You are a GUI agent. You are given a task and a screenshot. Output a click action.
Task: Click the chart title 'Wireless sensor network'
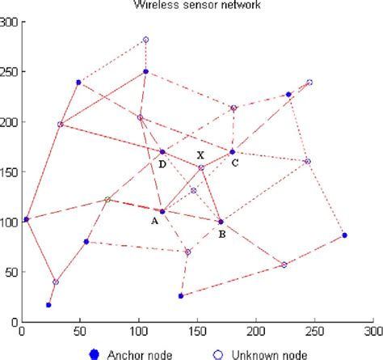click(x=197, y=6)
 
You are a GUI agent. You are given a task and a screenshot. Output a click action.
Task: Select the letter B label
click(x=222, y=235)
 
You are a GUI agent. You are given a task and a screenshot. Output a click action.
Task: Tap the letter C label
click(x=234, y=163)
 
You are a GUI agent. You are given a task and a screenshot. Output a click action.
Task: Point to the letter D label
click(x=162, y=164)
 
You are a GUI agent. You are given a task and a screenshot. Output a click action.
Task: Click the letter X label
click(x=200, y=155)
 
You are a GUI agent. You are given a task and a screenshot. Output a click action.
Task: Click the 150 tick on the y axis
click(x=9, y=172)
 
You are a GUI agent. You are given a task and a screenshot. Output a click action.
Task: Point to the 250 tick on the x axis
click(x=316, y=331)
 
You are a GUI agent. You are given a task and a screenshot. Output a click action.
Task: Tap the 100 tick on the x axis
click(x=139, y=331)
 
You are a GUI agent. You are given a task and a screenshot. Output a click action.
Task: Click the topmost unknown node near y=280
click(x=145, y=40)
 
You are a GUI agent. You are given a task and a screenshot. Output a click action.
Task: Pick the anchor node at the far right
click(x=344, y=235)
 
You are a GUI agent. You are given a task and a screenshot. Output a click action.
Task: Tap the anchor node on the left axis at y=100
click(x=26, y=219)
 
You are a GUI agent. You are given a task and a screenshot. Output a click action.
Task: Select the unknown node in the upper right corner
click(x=309, y=83)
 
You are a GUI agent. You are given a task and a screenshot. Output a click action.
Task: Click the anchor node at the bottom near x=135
click(x=181, y=295)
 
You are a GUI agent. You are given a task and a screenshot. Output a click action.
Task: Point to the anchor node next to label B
click(x=221, y=221)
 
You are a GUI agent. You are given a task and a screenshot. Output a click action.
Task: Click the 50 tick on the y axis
click(x=11, y=271)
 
